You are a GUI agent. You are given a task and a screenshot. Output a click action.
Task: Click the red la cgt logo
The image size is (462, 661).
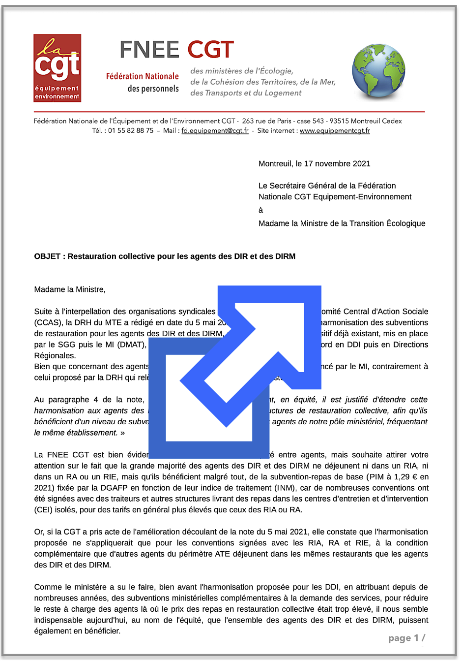(x=57, y=68)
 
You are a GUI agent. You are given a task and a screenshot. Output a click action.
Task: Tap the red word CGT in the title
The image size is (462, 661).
(x=210, y=50)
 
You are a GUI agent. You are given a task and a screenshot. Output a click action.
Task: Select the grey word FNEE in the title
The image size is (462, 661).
(x=149, y=50)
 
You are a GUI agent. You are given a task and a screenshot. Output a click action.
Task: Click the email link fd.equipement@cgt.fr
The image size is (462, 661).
(x=215, y=131)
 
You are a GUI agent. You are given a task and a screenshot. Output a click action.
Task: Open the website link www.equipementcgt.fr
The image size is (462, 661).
(x=335, y=131)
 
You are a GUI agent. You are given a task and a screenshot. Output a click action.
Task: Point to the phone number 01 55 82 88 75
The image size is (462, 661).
(x=131, y=131)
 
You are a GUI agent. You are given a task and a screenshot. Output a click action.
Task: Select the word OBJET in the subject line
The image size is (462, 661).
(x=47, y=256)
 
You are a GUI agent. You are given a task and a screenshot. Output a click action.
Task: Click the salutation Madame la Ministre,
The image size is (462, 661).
(x=70, y=289)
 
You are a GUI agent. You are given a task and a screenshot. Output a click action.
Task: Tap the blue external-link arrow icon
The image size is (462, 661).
(x=235, y=371)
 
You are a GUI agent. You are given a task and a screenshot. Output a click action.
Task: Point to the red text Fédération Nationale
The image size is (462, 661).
(x=142, y=76)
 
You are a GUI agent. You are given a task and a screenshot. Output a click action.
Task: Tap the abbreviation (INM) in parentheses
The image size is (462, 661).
(x=286, y=488)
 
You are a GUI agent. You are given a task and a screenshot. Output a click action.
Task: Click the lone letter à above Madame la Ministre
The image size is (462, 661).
(x=261, y=210)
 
